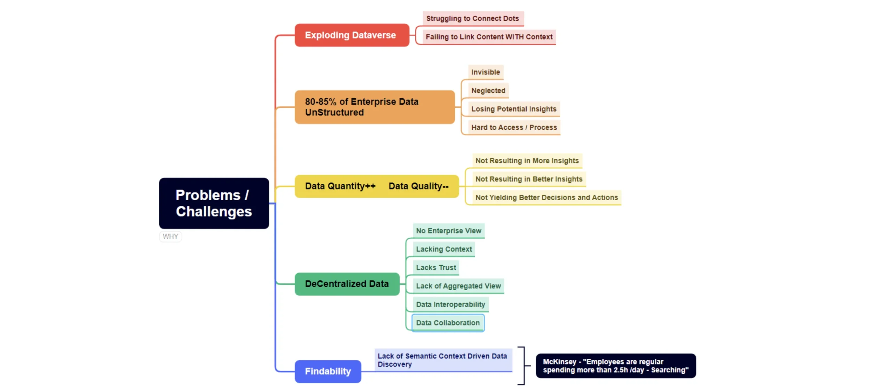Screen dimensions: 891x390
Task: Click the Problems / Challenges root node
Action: [x=214, y=203]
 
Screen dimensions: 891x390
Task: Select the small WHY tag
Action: [x=170, y=236]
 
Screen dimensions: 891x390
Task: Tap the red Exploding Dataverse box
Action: [x=352, y=35]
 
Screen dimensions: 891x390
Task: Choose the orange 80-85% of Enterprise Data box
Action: [x=374, y=107]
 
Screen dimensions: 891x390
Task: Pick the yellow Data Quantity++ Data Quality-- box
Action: [x=377, y=186]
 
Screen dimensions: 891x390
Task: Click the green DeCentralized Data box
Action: [x=347, y=284]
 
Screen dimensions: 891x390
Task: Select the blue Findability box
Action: [x=328, y=371]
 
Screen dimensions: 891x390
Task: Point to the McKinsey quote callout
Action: [x=616, y=366]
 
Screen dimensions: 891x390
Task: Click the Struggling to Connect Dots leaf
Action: [x=473, y=18]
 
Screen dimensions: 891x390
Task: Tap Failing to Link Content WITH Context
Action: [x=489, y=37]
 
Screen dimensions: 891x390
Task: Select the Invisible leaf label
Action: [x=486, y=72]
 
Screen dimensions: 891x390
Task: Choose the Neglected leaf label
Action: [x=488, y=90]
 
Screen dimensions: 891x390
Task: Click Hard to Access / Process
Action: [x=514, y=127]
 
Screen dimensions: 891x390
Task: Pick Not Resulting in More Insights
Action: [x=527, y=161]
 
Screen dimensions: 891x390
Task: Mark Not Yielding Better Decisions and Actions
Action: [x=546, y=197]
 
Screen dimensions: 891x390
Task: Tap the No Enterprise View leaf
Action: [x=449, y=231]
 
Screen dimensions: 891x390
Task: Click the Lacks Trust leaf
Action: [x=436, y=268]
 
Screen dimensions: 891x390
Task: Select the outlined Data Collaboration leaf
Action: [x=448, y=323]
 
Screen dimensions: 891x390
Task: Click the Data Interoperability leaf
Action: [x=450, y=304]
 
